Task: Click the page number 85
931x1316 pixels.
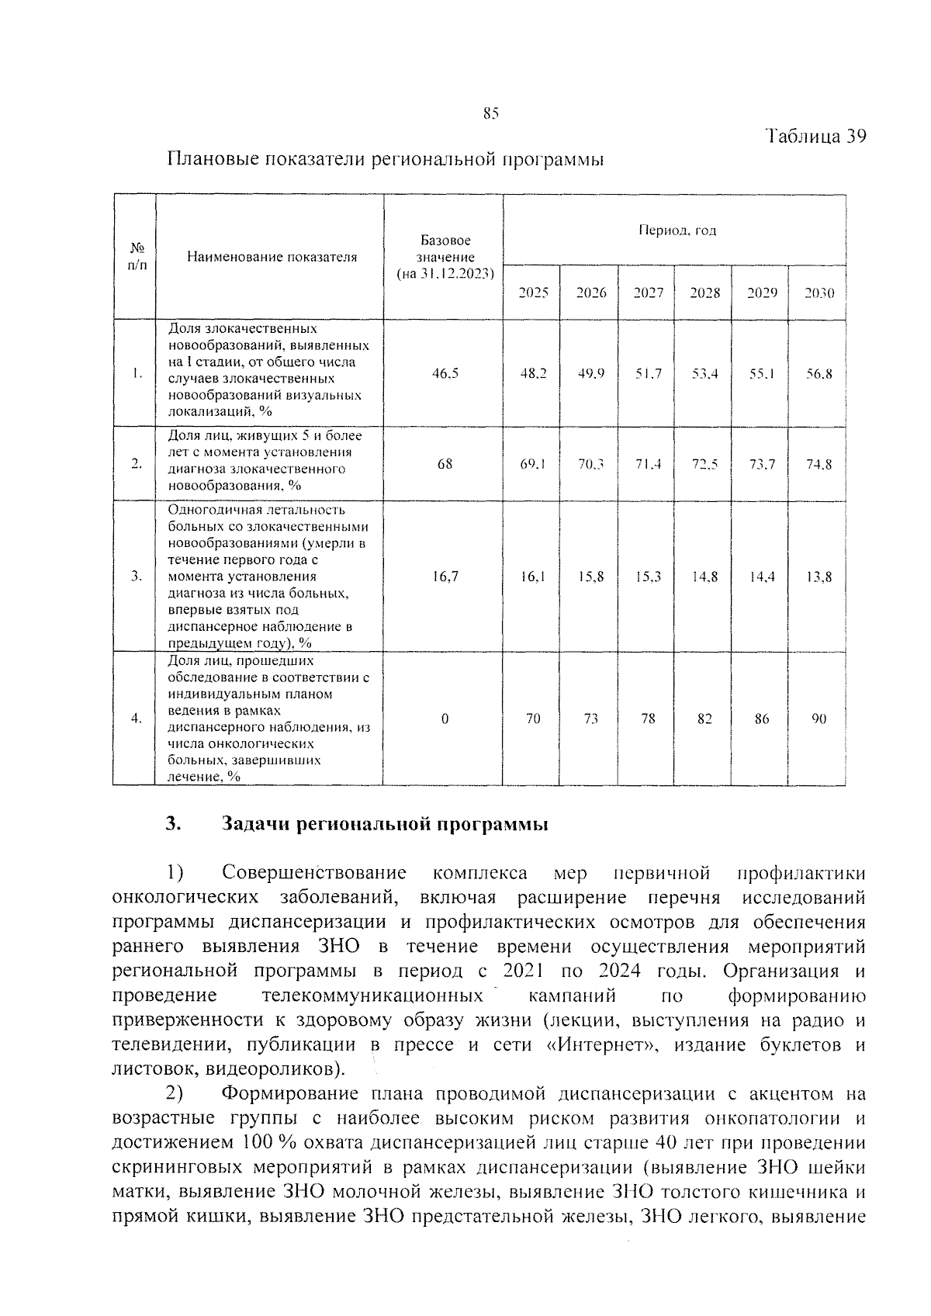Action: pos(490,113)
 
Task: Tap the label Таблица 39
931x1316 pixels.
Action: pos(815,136)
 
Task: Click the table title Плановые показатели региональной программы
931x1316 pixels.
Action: pos(385,160)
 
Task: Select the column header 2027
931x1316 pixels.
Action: pos(648,293)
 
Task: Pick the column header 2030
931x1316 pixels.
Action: pos(819,293)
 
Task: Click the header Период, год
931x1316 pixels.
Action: pos(677,230)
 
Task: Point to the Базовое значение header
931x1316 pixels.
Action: pos(445,257)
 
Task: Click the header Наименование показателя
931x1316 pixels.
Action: pos(272,257)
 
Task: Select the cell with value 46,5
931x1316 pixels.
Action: pos(445,373)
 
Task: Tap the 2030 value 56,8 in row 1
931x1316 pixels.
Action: pos(819,373)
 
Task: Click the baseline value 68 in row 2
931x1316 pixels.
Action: pos(445,464)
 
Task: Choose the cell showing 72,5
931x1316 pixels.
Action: pos(704,464)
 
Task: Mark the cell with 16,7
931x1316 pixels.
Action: pos(445,577)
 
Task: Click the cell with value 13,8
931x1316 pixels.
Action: pos(819,577)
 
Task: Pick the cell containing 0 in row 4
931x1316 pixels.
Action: pos(445,719)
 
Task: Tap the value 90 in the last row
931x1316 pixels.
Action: pos(819,719)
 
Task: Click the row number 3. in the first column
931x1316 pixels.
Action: pos(136,577)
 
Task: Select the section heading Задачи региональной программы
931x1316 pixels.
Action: pos(385,824)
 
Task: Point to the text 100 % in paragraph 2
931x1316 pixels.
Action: pos(265,1142)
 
